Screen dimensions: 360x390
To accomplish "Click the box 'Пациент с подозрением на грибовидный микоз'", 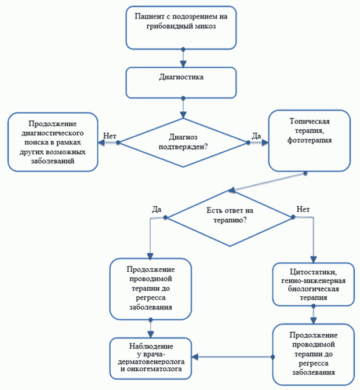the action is pos(181,28).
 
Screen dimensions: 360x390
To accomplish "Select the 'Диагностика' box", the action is pos(181,82).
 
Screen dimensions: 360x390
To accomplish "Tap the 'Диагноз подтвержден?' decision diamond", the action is pos(183,143).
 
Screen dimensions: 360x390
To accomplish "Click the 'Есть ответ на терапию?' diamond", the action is pos(230,217).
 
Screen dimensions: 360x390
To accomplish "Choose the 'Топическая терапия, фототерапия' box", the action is pos(309,141).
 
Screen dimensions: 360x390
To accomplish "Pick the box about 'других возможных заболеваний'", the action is pos(53,142).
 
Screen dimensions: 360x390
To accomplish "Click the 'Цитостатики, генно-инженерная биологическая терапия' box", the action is pos(313,285).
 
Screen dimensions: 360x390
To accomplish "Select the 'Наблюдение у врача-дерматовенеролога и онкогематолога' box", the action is pos(151,358).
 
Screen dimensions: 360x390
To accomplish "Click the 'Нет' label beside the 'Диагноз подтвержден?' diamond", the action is pos(110,136).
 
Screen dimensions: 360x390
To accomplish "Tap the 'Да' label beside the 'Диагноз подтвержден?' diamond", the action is pos(256,136).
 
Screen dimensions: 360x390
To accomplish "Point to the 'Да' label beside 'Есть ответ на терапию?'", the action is pos(157,209).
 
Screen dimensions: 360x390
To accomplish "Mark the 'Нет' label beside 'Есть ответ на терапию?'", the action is pos(303,209).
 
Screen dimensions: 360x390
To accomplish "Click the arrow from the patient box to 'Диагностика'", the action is pos(183,59).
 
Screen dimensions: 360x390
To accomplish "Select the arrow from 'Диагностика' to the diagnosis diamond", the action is pos(183,108).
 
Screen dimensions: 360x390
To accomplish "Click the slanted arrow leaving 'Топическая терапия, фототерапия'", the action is pos(267,182).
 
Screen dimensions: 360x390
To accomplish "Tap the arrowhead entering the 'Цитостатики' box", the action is pos(314,260).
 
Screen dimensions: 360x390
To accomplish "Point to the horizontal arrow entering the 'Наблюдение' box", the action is pos(232,357).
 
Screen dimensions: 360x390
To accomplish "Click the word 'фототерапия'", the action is pos(310,141).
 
